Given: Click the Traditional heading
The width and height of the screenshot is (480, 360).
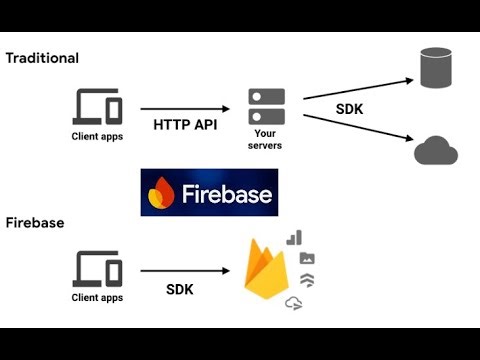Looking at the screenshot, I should [42, 58].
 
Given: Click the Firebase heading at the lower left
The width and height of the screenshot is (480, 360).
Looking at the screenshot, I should [35, 222].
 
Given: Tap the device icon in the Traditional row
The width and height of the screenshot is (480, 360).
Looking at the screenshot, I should [98, 106].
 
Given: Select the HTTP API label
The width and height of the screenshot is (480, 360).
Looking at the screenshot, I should [186, 126].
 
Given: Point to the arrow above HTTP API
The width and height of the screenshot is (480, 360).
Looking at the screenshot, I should [185, 107].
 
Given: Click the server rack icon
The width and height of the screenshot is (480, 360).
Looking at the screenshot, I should [266, 106].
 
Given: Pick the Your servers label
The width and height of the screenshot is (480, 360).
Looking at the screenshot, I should [266, 139].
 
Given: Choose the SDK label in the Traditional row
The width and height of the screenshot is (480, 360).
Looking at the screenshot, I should [350, 108].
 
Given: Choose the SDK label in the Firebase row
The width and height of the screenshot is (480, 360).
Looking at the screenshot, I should [180, 289].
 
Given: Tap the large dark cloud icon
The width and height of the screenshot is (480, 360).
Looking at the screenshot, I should [436, 151].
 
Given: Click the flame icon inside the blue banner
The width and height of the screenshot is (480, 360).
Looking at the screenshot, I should [161, 193].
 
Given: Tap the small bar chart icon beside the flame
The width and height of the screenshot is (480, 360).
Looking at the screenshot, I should [294, 238].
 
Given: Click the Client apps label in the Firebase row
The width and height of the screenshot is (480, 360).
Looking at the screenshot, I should [98, 298].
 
